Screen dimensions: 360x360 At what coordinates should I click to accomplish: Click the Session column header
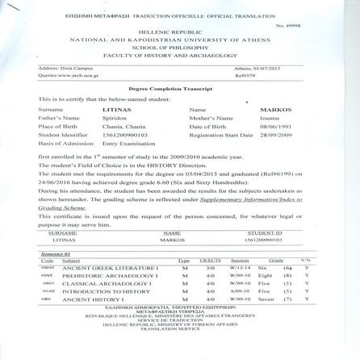tap(240, 283)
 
